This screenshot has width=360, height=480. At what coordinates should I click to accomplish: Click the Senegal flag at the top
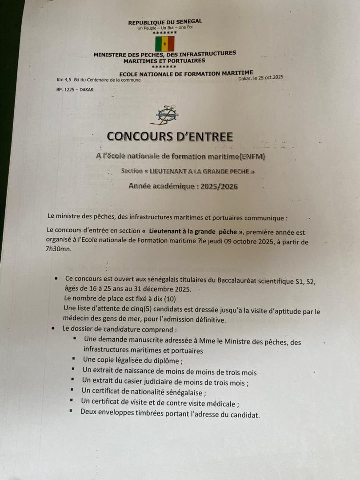point(164,44)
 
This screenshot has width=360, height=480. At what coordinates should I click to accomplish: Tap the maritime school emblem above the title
point(164,115)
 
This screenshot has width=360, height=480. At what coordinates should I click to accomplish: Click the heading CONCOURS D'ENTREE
point(170,136)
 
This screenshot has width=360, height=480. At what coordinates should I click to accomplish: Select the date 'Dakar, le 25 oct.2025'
point(260,78)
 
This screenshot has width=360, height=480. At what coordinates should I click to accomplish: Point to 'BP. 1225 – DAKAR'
point(75,90)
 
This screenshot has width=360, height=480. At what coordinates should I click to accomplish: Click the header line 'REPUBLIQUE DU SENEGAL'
point(165,21)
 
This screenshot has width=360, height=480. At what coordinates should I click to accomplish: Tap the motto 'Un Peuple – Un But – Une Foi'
point(165,27)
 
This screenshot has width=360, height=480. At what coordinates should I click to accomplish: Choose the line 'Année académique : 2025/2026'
point(183,187)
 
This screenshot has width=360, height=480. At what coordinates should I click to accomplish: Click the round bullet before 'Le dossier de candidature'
point(53,328)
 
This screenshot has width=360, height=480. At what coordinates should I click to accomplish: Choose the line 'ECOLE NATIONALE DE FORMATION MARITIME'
point(186,73)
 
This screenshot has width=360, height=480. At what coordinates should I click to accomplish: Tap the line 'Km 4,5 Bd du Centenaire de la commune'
point(99,80)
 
